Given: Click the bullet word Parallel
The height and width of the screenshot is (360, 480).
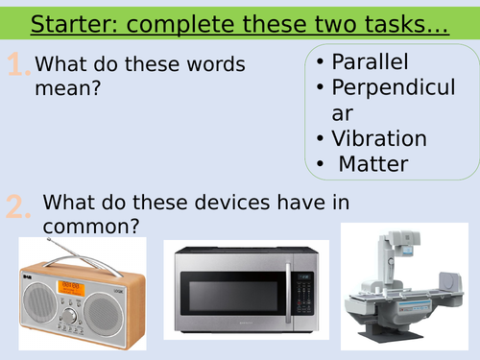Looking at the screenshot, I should [x=370, y=62].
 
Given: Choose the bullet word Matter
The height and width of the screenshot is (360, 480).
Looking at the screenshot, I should [x=373, y=164].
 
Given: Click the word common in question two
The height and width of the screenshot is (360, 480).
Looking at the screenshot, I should [x=92, y=227].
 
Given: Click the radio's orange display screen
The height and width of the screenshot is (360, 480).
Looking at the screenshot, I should [x=73, y=285].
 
